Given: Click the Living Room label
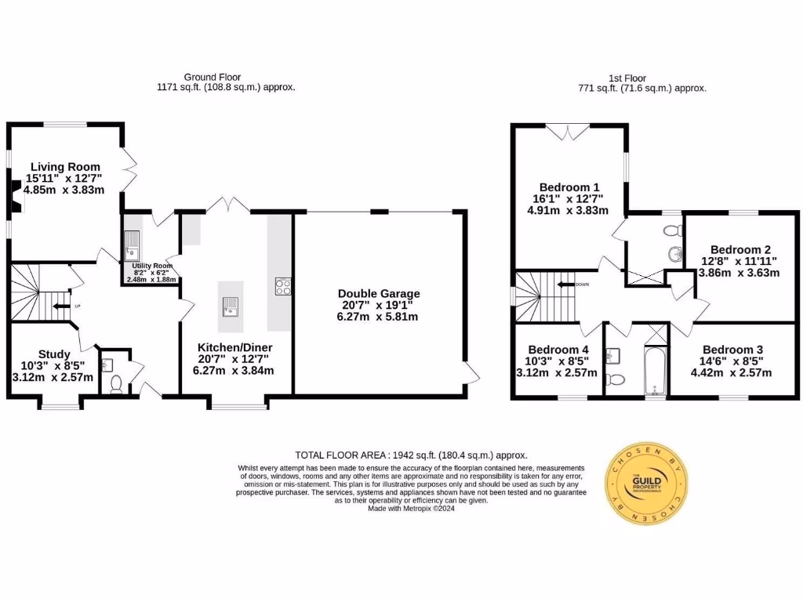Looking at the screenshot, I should (x=65, y=167).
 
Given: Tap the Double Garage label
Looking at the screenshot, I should (x=374, y=294).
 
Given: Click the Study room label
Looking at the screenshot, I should (x=54, y=354).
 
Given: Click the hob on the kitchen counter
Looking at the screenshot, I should (x=283, y=286).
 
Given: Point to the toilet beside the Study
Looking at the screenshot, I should (x=116, y=383).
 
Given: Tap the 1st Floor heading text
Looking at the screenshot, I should (x=627, y=78).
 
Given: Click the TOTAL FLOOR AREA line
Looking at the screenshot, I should (x=410, y=455).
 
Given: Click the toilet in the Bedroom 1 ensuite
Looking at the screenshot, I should (x=671, y=232).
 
